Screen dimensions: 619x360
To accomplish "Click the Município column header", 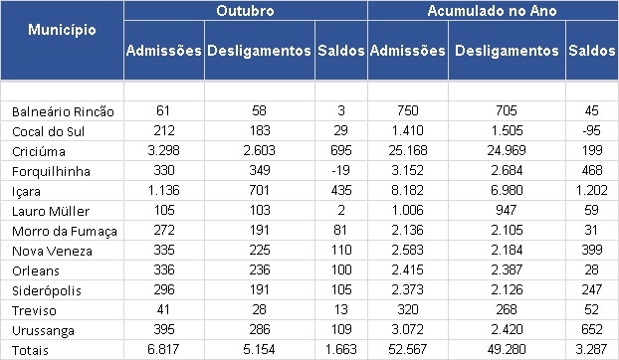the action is click(62, 30).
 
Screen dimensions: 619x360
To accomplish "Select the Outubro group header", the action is click(245, 11).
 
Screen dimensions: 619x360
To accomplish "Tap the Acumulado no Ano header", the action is click(492, 11).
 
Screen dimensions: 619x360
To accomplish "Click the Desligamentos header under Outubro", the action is click(259, 51).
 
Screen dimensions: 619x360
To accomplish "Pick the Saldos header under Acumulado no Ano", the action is click(592, 51).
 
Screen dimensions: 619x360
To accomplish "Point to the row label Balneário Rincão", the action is click(63, 111).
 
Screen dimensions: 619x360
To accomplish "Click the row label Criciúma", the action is click(39, 151).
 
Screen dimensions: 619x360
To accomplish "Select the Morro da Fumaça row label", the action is click(65, 231).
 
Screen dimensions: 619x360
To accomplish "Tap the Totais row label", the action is click(30, 350).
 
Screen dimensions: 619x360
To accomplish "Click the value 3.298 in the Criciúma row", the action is click(163, 150).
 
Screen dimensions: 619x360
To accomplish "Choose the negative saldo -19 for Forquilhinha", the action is click(340, 170).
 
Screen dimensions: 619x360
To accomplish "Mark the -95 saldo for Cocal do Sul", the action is click(591, 130).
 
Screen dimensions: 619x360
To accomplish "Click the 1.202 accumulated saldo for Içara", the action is click(591, 190).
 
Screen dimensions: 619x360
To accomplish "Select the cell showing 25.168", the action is click(407, 150).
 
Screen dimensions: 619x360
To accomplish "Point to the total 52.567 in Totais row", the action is click(407, 349).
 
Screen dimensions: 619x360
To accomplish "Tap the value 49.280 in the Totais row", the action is click(507, 349).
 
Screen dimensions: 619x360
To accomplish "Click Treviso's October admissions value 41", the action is click(163, 309).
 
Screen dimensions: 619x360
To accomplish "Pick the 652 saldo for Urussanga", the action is click(592, 329).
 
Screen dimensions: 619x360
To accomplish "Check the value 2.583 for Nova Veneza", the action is click(407, 250).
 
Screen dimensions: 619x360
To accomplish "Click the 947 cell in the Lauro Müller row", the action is click(507, 210).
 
